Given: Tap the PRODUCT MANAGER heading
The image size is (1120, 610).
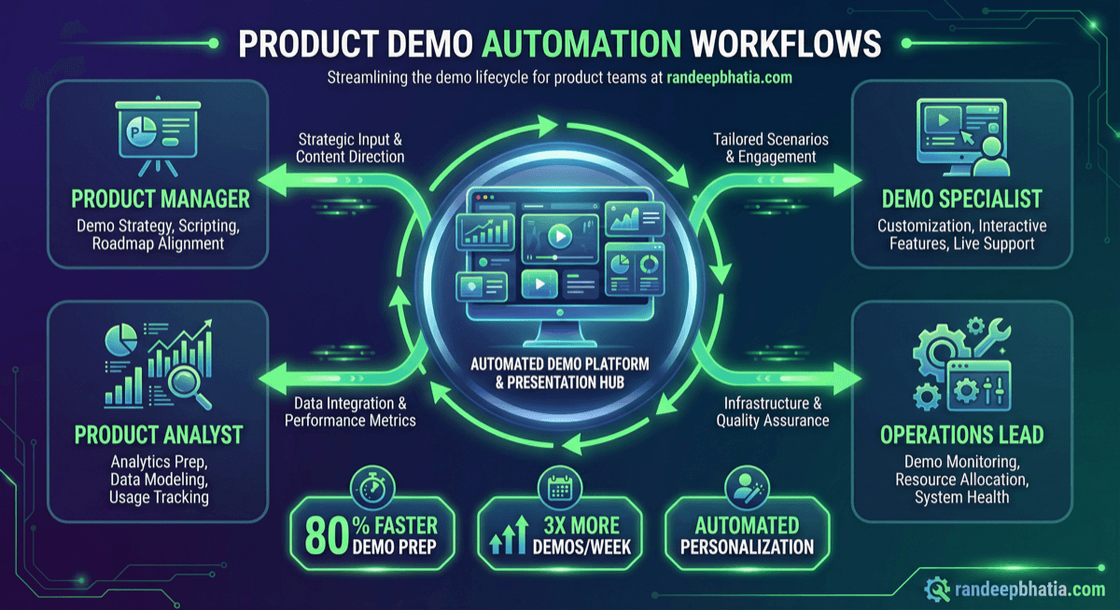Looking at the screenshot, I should (x=161, y=199).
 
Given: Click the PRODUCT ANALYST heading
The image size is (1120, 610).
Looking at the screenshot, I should (x=159, y=435).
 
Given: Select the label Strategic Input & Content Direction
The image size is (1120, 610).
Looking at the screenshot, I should (x=350, y=147).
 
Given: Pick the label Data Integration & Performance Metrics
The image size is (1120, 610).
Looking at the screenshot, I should (x=350, y=411).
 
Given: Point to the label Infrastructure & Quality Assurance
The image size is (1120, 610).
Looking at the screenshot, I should (x=772, y=411).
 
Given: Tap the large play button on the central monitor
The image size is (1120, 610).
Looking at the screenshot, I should (x=558, y=234).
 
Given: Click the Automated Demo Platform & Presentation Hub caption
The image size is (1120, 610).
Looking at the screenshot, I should (x=559, y=371).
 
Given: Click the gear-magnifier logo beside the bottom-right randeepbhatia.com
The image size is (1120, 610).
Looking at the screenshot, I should (x=937, y=588).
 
